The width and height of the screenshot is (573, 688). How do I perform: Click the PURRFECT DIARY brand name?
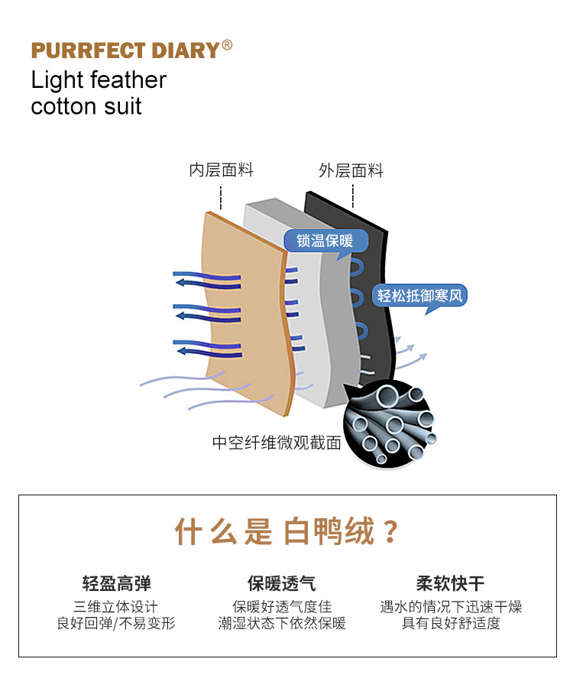click(x=125, y=51)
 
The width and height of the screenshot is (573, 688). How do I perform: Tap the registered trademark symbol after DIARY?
click(x=227, y=45)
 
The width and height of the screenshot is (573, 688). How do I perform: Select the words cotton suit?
click(x=86, y=105)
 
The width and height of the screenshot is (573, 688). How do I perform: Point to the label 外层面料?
click(x=351, y=170)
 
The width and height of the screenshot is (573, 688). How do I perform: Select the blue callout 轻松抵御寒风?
click(x=420, y=295)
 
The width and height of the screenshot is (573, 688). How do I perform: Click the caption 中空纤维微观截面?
click(x=277, y=443)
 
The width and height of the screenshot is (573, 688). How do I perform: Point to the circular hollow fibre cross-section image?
click(x=390, y=425)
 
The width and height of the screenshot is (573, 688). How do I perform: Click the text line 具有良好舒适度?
click(x=451, y=624)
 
